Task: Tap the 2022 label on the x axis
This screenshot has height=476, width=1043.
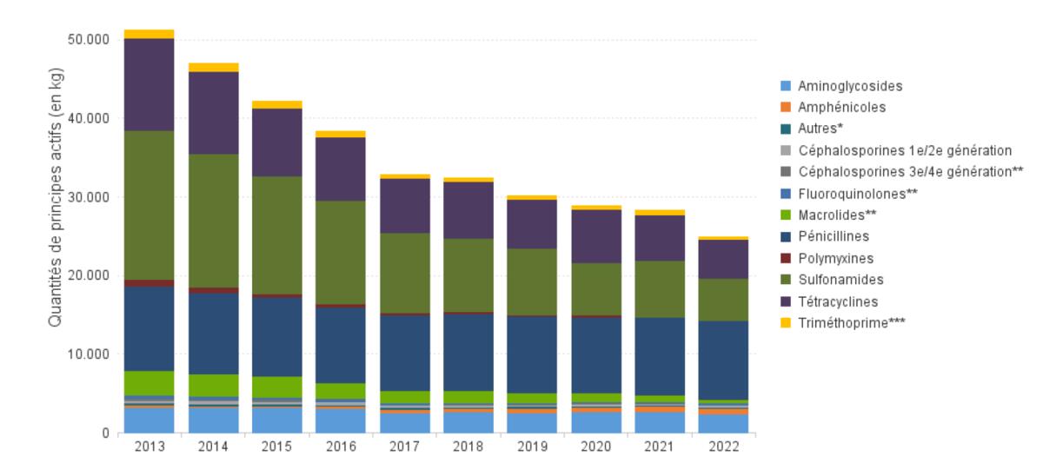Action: coord(724,447)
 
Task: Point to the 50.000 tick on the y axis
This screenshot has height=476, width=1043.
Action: coord(89,40)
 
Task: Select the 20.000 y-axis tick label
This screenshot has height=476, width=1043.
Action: coord(89,276)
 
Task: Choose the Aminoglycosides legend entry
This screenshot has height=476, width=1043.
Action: coord(849,87)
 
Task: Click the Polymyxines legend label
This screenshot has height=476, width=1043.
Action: coord(835,259)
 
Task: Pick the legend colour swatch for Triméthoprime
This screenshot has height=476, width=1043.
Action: coord(786,323)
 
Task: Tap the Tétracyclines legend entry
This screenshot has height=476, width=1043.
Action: coord(838,301)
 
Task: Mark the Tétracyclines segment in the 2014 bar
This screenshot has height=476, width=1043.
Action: coord(213,113)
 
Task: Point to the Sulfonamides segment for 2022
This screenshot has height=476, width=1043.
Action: coord(724,300)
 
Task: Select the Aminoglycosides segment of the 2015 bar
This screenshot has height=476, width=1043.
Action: coord(277,420)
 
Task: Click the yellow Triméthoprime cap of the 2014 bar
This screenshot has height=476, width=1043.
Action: coord(213,67)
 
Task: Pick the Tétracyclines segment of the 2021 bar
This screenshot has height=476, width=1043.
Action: coord(660,238)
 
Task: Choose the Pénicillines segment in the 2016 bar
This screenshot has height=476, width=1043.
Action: coord(341,345)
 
